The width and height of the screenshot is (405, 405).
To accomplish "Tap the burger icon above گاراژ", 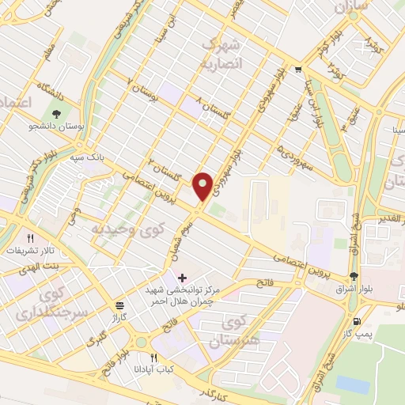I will (x=119, y=305).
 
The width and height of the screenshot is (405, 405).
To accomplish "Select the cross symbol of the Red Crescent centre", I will (x=183, y=278).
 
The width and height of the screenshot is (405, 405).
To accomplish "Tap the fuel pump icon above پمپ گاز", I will (x=358, y=321).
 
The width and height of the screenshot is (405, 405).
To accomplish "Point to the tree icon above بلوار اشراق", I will (x=354, y=276).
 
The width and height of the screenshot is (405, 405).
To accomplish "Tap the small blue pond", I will (x=352, y=384).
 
